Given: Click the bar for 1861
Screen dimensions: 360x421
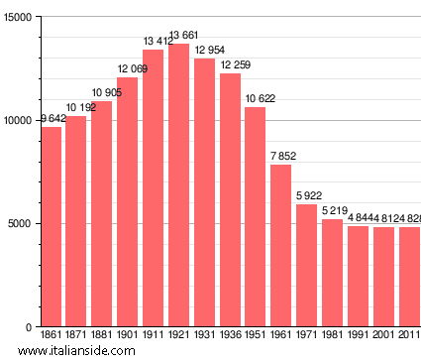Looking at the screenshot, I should (52, 227).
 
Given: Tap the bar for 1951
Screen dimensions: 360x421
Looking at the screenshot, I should (256, 217).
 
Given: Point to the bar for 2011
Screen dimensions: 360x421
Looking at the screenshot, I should (408, 277).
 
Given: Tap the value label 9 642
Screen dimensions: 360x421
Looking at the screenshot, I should (53, 119).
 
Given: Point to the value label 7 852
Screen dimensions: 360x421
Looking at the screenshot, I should (281, 156).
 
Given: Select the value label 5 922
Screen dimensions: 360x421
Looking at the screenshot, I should (307, 196).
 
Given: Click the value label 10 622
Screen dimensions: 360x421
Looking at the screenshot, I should (256, 98).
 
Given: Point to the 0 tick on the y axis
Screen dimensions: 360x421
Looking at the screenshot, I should (29, 327).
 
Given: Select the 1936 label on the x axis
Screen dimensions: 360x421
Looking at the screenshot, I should (230, 337).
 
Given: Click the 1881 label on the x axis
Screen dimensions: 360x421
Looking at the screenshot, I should (102, 337).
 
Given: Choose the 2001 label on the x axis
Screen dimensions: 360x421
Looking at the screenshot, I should (382, 337).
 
